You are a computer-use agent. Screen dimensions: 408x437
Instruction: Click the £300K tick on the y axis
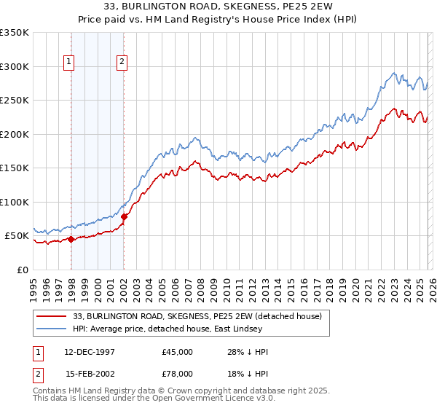(x=15, y=66)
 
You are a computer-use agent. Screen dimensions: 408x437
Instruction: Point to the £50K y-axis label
(x=17, y=236)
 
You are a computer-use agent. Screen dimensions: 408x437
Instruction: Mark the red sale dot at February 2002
(x=125, y=216)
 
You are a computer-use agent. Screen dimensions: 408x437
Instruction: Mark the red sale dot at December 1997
(x=71, y=239)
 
